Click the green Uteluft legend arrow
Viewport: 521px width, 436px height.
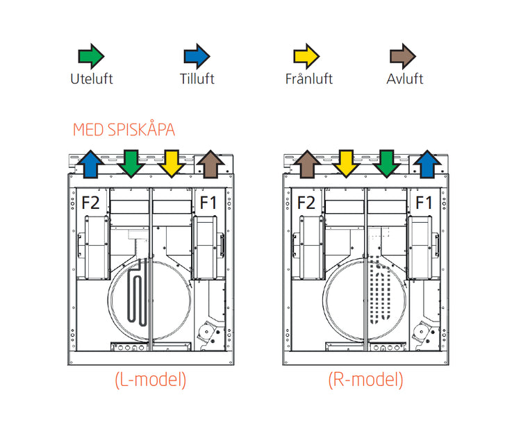point(90,56)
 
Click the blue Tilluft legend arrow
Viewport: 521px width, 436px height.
point(197,56)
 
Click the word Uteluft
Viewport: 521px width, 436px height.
point(91,79)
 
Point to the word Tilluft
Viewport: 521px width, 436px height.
point(197,79)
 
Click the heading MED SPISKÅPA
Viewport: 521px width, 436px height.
point(124,130)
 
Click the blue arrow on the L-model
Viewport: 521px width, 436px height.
point(90,165)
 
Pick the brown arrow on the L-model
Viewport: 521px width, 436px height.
point(211,165)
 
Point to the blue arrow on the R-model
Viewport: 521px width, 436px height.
point(427,165)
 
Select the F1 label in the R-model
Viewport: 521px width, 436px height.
point(424,203)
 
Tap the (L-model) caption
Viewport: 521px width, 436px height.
point(150,380)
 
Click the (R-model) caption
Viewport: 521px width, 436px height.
point(365,380)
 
